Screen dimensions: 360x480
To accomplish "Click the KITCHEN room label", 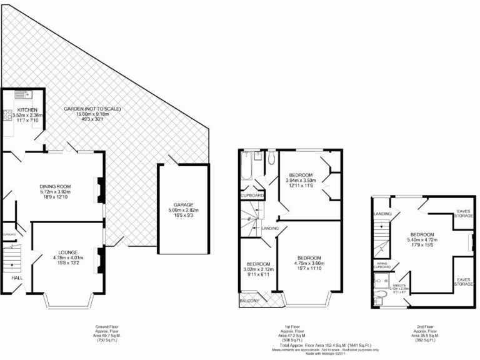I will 27,110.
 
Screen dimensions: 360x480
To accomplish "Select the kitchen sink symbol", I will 27,94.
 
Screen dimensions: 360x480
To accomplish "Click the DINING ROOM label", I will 54,186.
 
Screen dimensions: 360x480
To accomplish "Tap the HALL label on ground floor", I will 9,277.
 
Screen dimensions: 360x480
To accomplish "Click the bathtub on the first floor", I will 246,166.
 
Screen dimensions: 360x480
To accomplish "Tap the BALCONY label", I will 250,301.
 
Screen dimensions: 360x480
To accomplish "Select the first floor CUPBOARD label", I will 252,196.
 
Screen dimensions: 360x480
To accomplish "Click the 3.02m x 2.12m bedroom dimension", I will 257,270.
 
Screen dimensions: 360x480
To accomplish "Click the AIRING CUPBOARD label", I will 382,265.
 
